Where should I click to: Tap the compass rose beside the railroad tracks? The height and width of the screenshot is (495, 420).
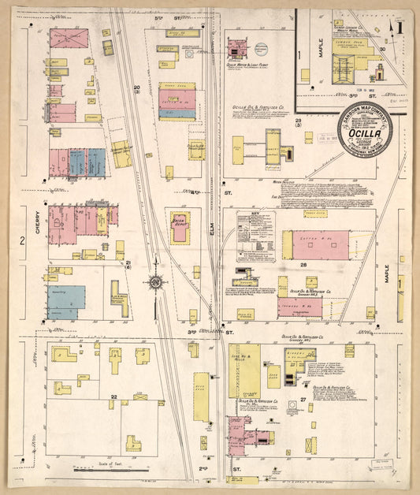click(156, 282)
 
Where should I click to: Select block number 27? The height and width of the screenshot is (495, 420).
click(303, 401)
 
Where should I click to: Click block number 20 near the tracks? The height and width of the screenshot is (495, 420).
click(136, 88)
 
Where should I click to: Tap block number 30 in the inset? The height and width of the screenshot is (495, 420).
click(381, 49)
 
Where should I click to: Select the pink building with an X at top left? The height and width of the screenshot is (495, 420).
click(69, 38)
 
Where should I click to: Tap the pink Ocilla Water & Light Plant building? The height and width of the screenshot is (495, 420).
click(236, 49)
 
